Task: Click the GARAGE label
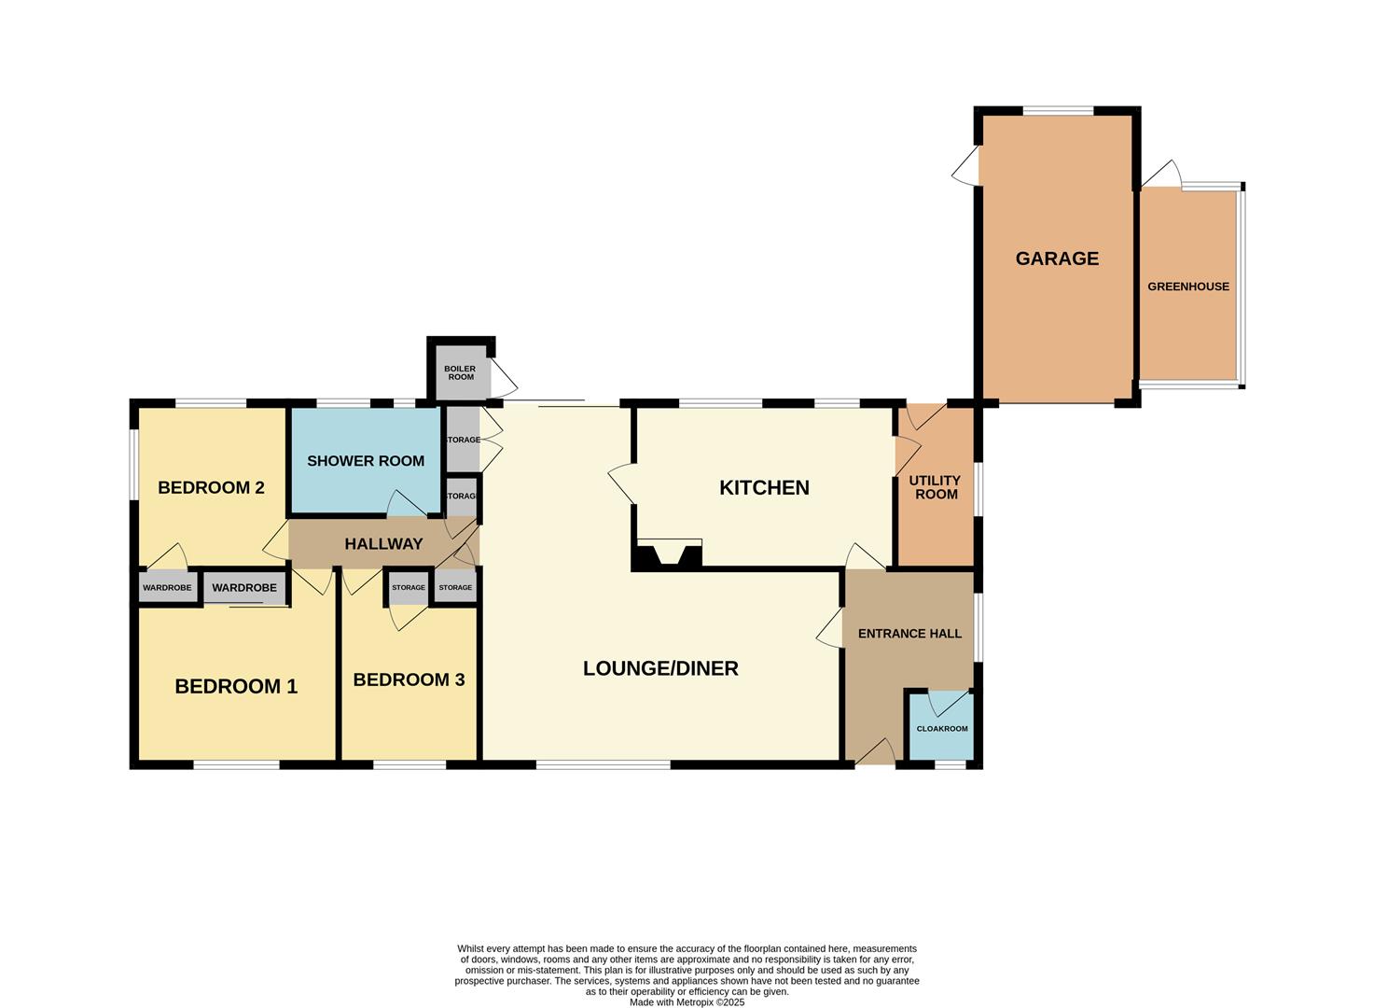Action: [x=1057, y=259]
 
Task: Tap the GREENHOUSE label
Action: [x=1188, y=287]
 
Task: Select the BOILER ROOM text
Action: [x=460, y=372]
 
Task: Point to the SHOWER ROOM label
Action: [x=366, y=461]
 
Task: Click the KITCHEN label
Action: [x=764, y=487]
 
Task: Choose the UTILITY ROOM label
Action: [x=936, y=487]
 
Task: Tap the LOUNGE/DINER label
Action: [x=660, y=668]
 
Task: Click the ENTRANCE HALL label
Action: [x=909, y=634]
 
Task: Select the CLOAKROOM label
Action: [x=942, y=729]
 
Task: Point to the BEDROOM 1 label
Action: [x=236, y=686]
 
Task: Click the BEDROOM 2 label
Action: [x=211, y=487]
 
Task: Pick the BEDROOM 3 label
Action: [x=409, y=679]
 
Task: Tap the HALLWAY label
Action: [x=384, y=544]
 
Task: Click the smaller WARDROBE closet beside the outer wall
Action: [x=168, y=587]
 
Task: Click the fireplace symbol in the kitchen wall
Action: [x=668, y=554]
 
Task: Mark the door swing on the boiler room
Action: [x=503, y=378]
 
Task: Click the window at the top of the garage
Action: [x=1058, y=111]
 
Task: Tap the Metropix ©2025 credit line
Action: [x=687, y=1002]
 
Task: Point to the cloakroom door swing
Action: [x=950, y=703]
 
